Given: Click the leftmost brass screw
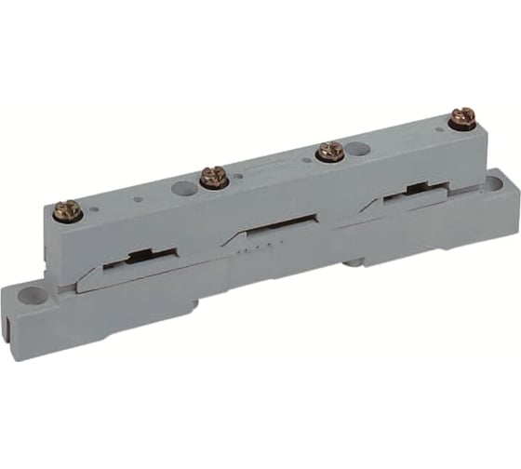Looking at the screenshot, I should click(x=68, y=211).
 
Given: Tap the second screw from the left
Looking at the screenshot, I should click(x=211, y=176).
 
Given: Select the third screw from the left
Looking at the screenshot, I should click(x=327, y=151).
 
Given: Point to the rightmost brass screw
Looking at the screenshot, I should click(x=461, y=119).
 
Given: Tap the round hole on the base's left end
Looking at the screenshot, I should click(x=36, y=296).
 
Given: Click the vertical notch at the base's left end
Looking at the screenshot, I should click(x=11, y=309).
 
